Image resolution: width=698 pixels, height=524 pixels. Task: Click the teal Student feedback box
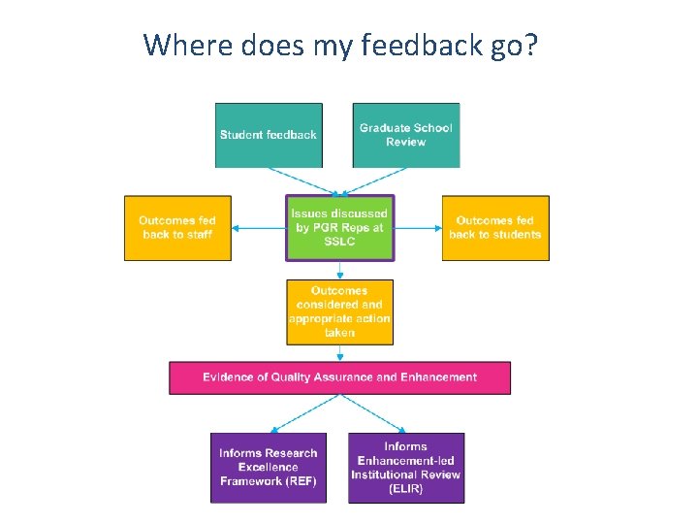[x=269, y=135]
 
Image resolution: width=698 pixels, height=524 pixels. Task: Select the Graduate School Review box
[x=405, y=135]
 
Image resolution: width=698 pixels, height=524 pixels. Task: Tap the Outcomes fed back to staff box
[x=177, y=228]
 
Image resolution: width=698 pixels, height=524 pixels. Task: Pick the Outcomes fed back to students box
[x=495, y=228]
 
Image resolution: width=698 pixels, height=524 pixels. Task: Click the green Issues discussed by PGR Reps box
[x=339, y=228]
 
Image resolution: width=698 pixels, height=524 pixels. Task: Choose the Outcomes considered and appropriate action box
[x=339, y=311]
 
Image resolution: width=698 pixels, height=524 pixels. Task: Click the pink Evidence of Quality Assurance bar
[x=339, y=377]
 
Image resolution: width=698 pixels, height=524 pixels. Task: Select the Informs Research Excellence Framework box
[x=269, y=467]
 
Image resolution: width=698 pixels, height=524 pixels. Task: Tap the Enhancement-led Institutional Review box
[x=406, y=467]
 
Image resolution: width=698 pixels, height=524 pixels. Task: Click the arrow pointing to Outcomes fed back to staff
[x=258, y=229]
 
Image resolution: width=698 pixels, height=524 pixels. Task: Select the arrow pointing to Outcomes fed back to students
[x=419, y=229]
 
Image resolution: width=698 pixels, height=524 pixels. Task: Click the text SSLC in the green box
[x=339, y=242]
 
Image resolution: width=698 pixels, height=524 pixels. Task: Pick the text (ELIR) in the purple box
[x=406, y=488]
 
